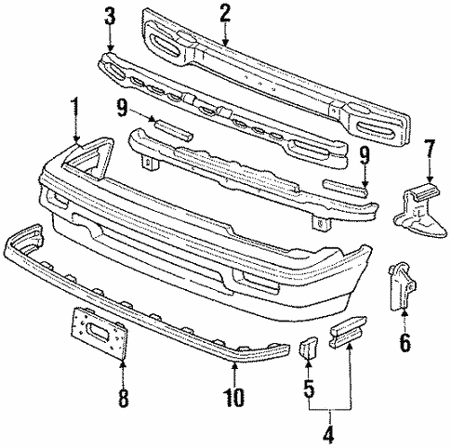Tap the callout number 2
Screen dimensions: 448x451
[224, 12]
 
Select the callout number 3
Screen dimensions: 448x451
[111, 16]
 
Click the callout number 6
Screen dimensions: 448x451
[405, 343]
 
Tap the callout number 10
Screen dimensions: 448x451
[234, 401]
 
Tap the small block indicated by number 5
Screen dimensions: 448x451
[306, 350]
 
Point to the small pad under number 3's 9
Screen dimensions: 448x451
[167, 128]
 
